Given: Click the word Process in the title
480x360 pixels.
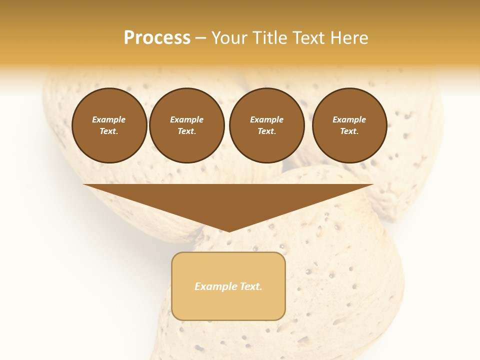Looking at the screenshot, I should pos(157,38).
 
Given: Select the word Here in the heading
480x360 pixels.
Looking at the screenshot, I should pos(348,38).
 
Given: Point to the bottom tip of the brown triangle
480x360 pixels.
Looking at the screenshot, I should pos(229,230).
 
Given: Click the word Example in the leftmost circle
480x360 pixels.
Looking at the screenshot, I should pos(109,119).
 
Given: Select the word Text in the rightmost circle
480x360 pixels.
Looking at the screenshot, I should pos(349,131).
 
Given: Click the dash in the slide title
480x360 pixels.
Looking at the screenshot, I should pos(201,38).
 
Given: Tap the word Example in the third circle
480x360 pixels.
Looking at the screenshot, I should pos(267,119).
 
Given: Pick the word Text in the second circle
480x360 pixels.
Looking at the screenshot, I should pos(187,131).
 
